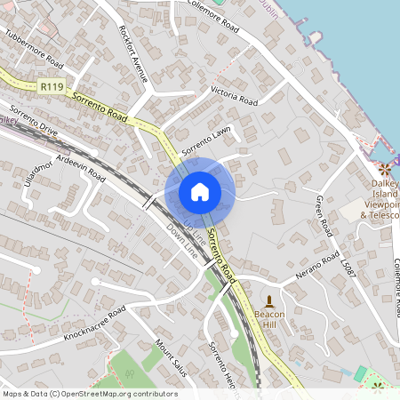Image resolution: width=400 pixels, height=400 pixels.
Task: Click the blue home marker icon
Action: (x=200, y=191)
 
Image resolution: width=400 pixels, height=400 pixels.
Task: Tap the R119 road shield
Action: (x=51, y=87)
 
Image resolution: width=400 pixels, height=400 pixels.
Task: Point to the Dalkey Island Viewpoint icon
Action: (x=385, y=169)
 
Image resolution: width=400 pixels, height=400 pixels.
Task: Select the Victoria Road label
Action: (x=233, y=96)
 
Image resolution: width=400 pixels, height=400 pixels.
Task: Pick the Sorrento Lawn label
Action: (x=205, y=140)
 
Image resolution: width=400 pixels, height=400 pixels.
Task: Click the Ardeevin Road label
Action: (x=80, y=166)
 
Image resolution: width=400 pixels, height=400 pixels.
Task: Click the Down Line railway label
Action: (x=182, y=241)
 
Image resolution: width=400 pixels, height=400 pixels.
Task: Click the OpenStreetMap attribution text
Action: (x=90, y=394)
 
